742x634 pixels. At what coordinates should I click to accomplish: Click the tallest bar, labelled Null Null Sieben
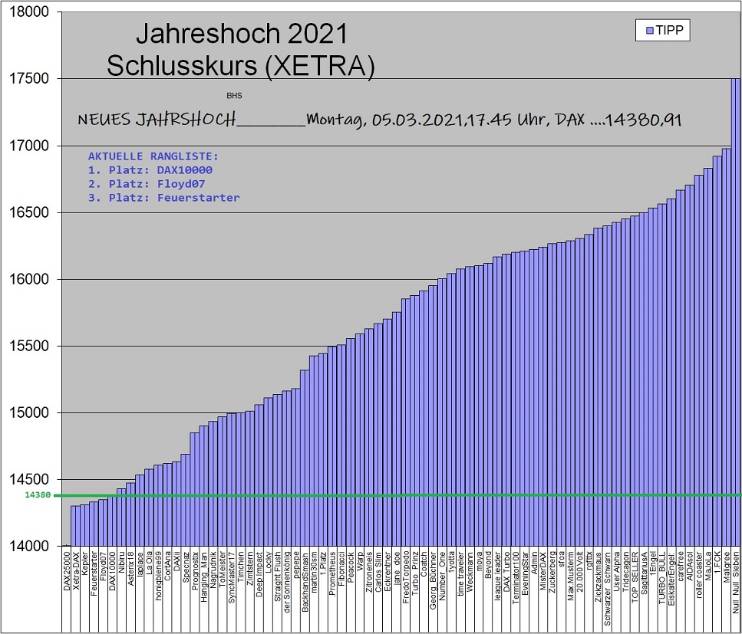(x=735, y=307)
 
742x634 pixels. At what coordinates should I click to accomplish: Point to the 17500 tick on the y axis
(x=31, y=79)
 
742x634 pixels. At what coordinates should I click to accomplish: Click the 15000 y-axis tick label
(x=31, y=413)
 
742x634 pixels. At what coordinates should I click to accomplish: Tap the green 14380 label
(x=37, y=495)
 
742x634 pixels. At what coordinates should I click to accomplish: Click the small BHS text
(x=233, y=97)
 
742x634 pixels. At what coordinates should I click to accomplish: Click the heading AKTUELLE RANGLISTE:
(x=153, y=156)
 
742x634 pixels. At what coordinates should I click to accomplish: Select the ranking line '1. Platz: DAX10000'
(x=150, y=169)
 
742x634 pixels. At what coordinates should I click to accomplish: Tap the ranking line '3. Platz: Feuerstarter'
(x=163, y=198)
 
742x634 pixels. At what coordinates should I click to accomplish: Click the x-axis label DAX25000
(x=67, y=580)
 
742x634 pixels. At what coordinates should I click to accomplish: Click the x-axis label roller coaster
(x=699, y=578)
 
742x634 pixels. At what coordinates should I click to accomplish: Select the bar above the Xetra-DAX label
(x=75, y=526)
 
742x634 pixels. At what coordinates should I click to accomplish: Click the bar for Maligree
(x=726, y=345)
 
